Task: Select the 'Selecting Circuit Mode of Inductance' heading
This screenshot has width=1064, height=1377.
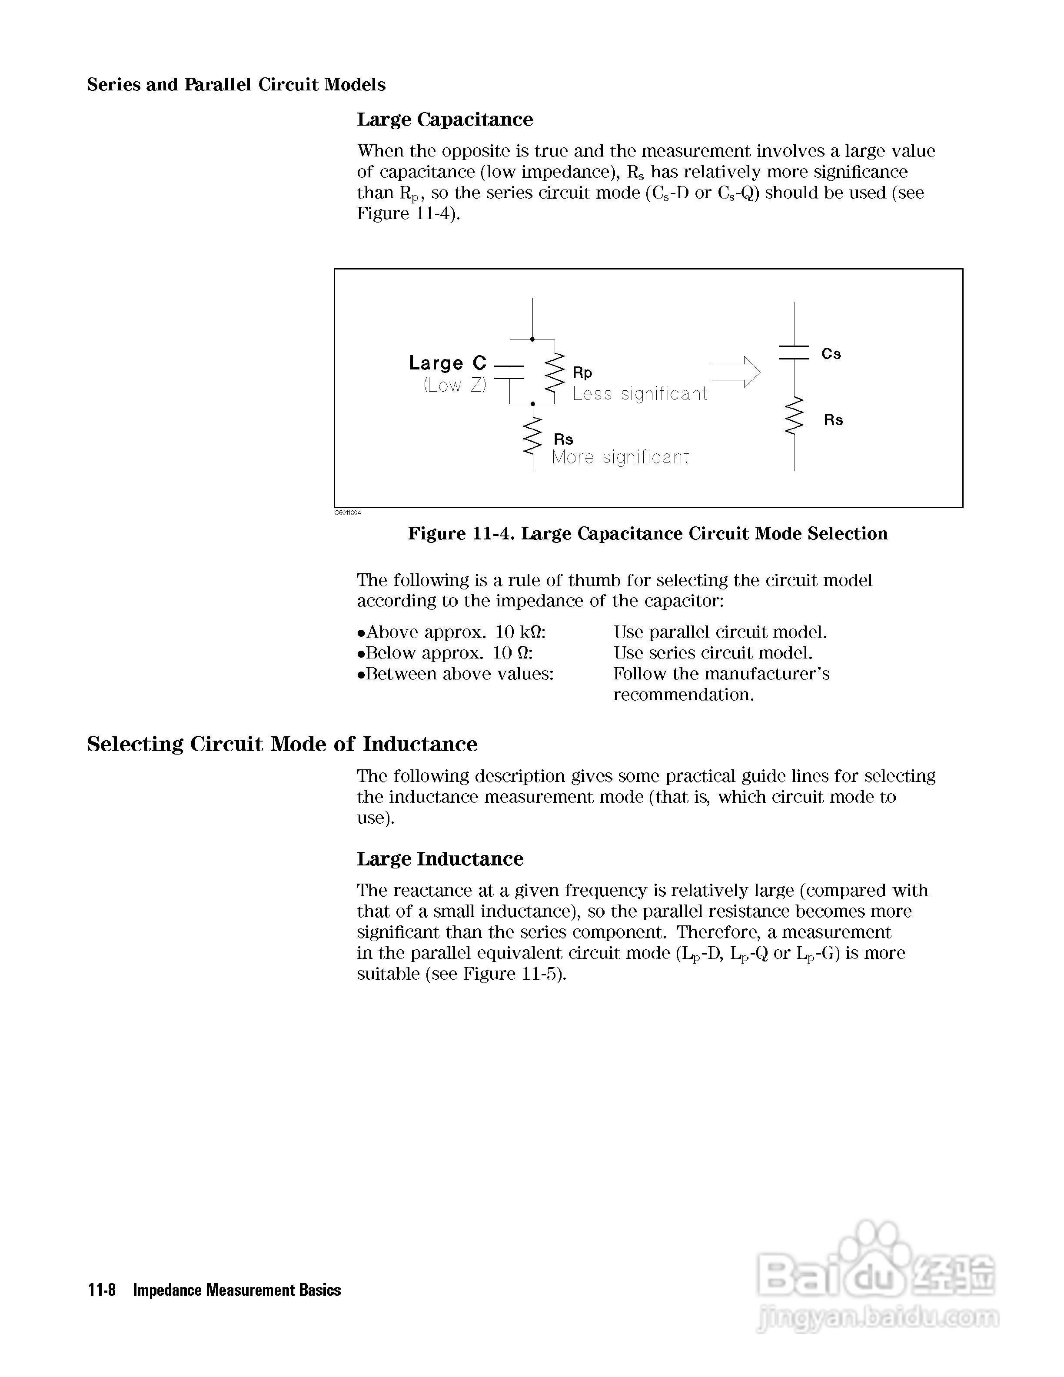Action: point(282,744)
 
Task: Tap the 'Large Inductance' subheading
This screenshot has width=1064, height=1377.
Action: point(440,859)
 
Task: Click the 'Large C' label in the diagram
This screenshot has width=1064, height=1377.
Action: point(448,363)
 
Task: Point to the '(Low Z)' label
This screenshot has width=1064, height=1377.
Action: point(455,385)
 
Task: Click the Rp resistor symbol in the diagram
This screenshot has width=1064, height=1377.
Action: point(555,373)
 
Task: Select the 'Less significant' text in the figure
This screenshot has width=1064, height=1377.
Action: point(640,394)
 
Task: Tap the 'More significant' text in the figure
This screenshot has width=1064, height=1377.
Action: point(620,457)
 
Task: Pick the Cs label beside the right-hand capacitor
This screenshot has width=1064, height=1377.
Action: point(831,354)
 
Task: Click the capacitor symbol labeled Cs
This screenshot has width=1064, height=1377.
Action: point(794,353)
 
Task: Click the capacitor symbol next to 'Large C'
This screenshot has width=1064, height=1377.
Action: point(509,372)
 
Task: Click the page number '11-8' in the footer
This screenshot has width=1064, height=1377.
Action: point(101,1290)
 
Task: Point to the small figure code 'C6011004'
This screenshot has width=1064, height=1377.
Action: point(347,512)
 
